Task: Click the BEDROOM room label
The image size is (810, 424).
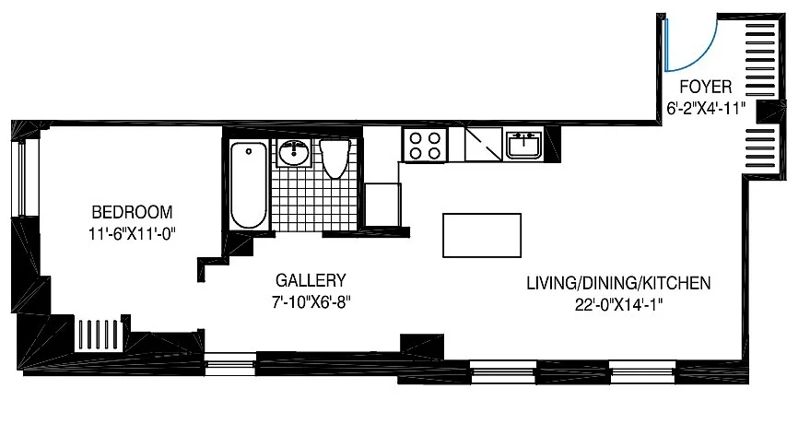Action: [x=132, y=212]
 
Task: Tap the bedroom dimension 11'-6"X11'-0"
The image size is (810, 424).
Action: [x=133, y=234]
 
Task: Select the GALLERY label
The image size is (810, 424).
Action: [x=311, y=280]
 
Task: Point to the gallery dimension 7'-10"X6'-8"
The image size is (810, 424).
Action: [x=311, y=301]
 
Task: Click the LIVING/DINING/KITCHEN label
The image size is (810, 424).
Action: [x=618, y=283]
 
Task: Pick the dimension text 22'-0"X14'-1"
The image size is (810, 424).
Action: [x=618, y=305]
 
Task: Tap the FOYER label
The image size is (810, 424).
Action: [x=705, y=87]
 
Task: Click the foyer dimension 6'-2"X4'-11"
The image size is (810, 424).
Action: [x=706, y=109]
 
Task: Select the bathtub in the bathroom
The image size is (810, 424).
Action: [x=249, y=185]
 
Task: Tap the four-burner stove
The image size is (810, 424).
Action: [x=425, y=145]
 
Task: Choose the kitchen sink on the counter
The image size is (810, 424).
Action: [x=523, y=145]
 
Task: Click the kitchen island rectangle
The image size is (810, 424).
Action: [x=482, y=235]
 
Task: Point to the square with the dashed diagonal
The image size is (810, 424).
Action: [x=484, y=145]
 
